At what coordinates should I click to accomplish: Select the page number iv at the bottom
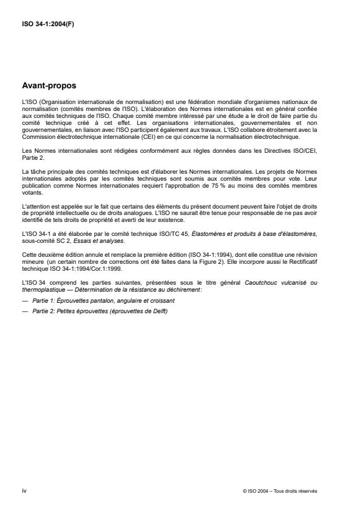click(24, 491)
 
